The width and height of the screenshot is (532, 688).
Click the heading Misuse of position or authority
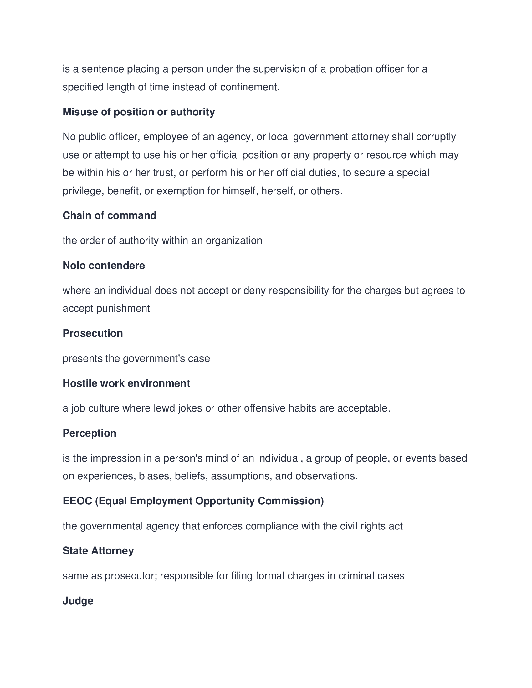click(x=139, y=112)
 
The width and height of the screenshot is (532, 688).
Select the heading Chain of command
click(x=109, y=215)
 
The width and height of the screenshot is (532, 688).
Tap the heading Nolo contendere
click(x=104, y=266)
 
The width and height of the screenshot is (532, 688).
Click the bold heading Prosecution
click(x=93, y=333)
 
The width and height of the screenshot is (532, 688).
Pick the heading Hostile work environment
click(x=126, y=383)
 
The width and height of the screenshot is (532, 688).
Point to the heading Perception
click(x=90, y=433)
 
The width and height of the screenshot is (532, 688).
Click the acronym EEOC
click(x=77, y=501)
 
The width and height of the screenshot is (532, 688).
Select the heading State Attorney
click(x=98, y=551)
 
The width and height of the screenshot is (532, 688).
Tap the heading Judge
click(x=78, y=601)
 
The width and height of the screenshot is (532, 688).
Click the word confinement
click(x=249, y=87)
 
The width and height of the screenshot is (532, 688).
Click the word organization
click(x=234, y=241)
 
